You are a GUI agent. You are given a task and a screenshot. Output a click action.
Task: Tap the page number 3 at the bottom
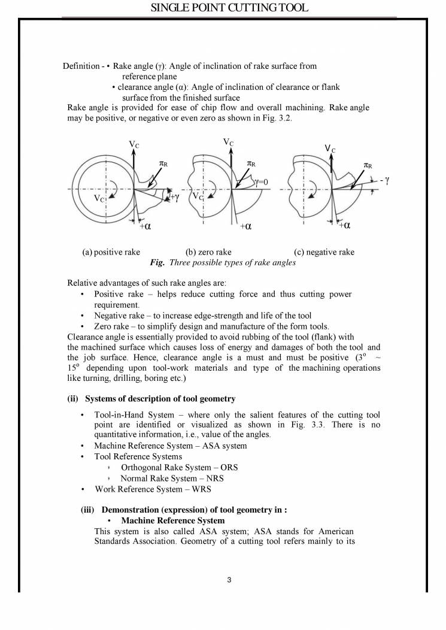(230, 580)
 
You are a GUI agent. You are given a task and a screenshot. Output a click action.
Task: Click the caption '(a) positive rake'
(111, 252)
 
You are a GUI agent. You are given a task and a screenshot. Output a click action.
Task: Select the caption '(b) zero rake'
(208, 252)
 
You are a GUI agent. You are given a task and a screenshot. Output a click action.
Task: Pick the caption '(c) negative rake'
(324, 252)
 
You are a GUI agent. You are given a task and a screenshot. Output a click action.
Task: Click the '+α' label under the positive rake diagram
(145, 226)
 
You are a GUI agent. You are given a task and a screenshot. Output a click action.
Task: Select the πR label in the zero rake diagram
(251, 163)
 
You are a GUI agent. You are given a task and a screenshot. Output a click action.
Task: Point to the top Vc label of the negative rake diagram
(330, 149)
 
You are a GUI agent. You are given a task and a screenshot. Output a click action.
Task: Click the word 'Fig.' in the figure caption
(157, 262)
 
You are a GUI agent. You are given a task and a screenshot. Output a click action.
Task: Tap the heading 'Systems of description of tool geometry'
(160, 399)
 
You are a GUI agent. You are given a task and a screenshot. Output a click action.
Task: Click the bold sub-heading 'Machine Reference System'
(169, 520)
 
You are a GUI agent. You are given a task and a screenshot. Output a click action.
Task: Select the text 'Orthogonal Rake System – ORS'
(172, 467)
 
